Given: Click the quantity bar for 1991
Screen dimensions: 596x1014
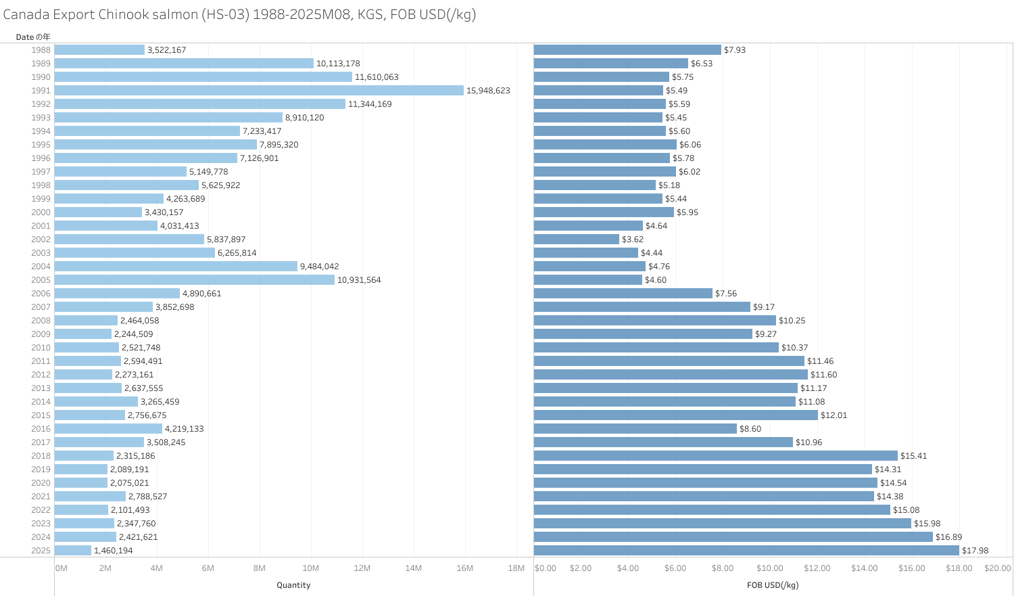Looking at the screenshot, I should point(259,91).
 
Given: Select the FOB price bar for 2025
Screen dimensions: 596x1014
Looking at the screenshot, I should point(746,551).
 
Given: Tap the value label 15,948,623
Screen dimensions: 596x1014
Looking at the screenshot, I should point(488,91).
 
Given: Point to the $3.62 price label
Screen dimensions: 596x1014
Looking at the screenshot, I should point(633,239).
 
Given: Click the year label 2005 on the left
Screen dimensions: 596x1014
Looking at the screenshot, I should point(41,280).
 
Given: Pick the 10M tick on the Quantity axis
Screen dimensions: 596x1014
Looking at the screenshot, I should point(311,568).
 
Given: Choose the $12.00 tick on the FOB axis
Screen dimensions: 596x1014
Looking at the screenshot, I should point(817,568).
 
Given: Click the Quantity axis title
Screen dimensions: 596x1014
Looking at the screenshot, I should point(293,585).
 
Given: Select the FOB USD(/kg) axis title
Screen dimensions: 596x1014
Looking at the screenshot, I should point(773,585).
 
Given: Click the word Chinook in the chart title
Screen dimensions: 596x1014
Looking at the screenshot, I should point(124,15).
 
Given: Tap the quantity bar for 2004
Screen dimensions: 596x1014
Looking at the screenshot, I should point(176,267).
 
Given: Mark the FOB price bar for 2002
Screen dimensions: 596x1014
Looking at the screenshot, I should point(577,239).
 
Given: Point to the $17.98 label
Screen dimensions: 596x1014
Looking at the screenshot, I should point(975,551).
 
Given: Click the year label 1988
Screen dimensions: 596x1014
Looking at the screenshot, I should point(41,50).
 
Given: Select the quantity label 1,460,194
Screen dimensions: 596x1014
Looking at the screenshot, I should point(114,551).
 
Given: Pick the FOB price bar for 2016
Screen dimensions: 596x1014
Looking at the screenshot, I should point(635,429).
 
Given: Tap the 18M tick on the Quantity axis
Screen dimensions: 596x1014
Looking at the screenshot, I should point(516,568).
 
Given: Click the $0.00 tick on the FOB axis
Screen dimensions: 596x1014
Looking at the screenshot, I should point(546,568).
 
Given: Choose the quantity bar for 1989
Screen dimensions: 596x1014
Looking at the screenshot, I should point(184,64).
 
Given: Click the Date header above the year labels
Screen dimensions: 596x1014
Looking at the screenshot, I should point(33,37).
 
